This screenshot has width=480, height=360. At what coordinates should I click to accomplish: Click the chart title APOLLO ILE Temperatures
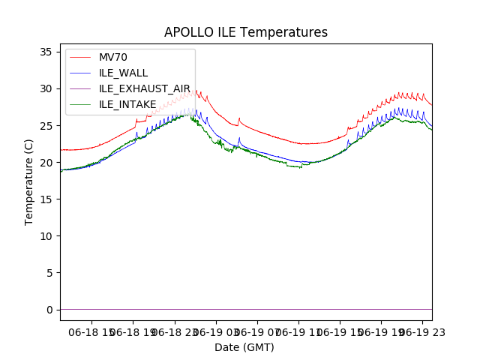246,33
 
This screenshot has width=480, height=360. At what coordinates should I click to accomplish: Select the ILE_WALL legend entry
123,73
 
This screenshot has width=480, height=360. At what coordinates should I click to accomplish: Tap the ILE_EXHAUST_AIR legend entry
145,88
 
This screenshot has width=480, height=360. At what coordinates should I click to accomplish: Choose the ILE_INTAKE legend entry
127,104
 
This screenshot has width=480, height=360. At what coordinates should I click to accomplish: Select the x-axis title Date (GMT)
244,347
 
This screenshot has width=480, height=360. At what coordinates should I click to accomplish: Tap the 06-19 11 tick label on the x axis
298,331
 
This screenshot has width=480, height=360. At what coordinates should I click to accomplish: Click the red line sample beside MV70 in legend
82,58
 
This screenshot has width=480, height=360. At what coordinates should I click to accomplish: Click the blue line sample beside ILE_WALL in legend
82,73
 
